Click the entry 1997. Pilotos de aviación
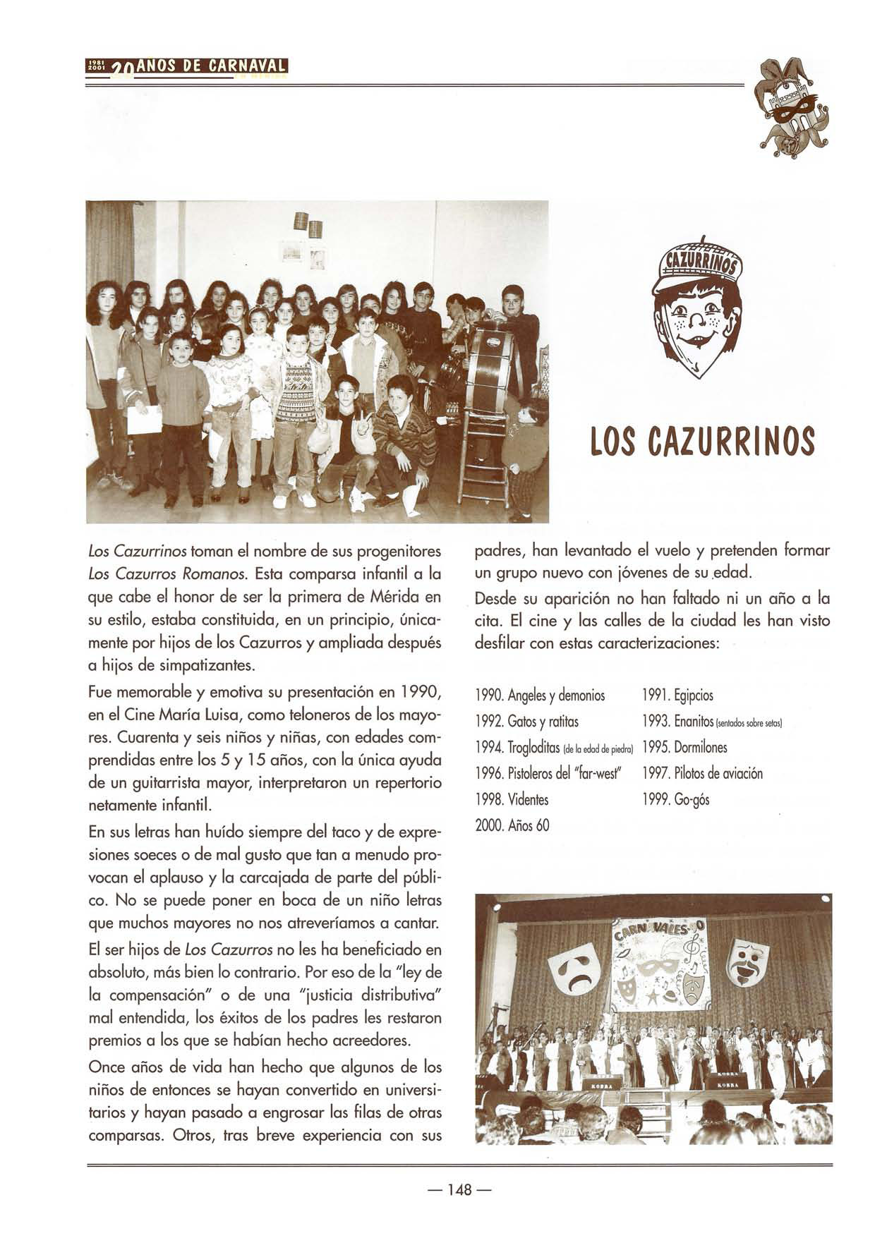(x=702, y=773)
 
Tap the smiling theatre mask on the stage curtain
(x=749, y=964)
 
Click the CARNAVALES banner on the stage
(x=660, y=963)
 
